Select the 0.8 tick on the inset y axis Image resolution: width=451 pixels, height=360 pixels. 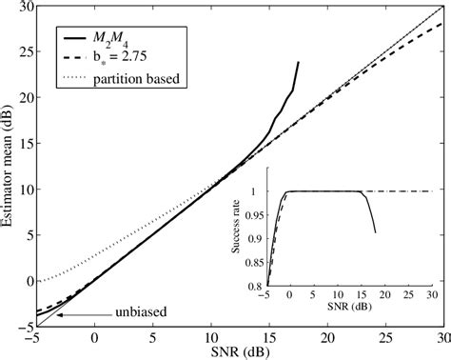pyautogui.click(x=255, y=286)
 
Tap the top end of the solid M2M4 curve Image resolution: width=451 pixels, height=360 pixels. pyautogui.click(x=298, y=63)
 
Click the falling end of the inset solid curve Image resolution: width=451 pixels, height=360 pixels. pyautogui.click(x=376, y=231)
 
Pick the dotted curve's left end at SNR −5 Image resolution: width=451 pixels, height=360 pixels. pyautogui.click(x=35, y=282)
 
